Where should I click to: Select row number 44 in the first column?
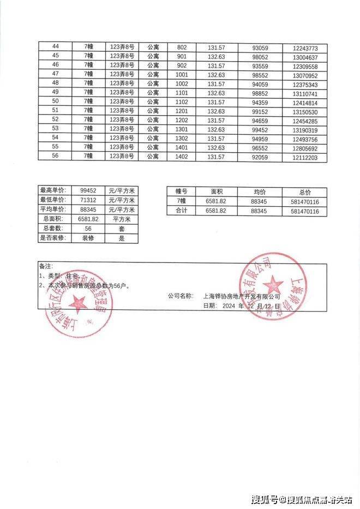point(55,47)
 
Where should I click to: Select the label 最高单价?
point(52,190)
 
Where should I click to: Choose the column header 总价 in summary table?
point(305,192)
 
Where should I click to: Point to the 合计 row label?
point(181,211)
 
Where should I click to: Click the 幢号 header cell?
point(181,192)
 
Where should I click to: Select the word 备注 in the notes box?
point(46,267)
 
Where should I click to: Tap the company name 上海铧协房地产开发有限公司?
point(241,296)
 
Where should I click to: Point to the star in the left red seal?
point(77,302)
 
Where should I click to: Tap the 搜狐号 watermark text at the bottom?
point(265,499)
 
